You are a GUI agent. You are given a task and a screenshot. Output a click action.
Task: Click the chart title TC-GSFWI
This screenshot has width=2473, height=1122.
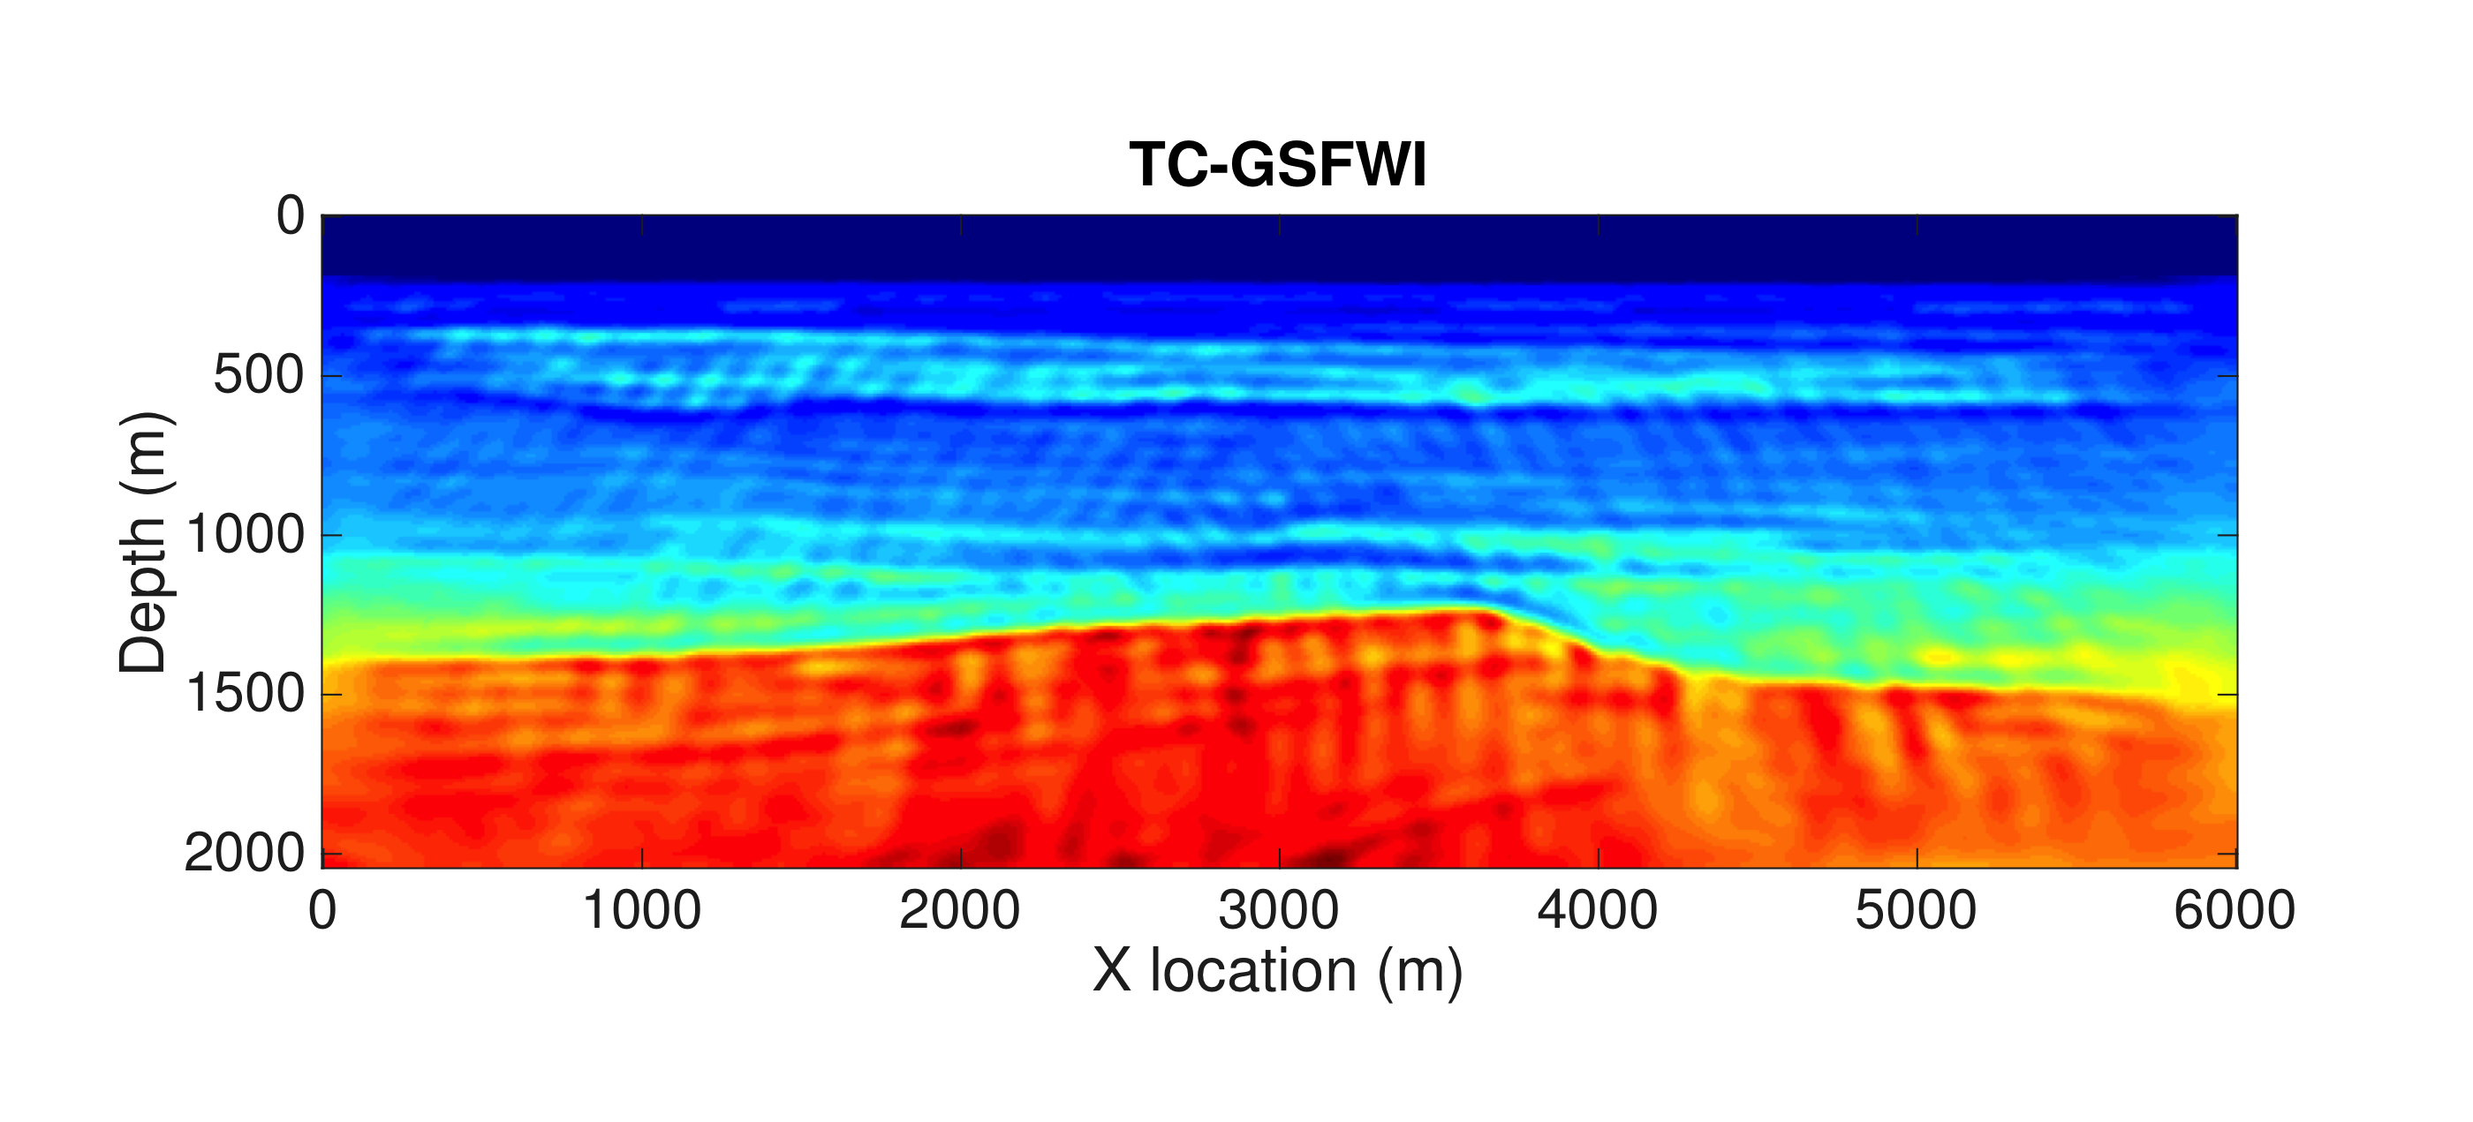tap(1278, 164)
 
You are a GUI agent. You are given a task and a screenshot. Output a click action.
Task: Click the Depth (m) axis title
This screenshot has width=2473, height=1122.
tap(144, 542)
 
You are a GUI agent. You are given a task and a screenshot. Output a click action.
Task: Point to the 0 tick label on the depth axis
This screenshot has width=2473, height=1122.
tap(290, 216)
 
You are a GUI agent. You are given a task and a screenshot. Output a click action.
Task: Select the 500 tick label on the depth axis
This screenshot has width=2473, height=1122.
tap(258, 375)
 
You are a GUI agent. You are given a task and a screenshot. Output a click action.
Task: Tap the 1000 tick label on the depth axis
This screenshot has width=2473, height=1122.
tap(244, 535)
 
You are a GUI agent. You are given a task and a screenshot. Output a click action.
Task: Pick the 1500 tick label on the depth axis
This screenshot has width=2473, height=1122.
tap(244, 694)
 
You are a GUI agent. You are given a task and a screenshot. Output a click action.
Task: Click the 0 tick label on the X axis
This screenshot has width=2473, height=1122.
tap(322, 909)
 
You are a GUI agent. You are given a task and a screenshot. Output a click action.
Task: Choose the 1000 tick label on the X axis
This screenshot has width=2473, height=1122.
tap(641, 909)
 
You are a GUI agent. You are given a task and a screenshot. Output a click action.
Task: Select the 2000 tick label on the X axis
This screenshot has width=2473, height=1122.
tap(960, 909)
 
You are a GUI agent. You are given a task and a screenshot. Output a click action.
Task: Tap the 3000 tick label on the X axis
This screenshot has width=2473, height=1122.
tap(1279, 909)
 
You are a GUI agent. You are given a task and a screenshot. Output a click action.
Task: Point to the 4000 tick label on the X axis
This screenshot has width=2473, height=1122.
tap(1598, 909)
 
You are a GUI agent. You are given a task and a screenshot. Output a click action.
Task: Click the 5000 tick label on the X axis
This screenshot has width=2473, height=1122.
tap(1917, 909)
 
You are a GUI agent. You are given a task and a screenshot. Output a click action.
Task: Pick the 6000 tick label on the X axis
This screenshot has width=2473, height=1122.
tap(2235, 909)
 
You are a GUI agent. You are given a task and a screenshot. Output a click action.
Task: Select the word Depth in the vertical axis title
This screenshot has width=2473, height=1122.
tap(144, 593)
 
